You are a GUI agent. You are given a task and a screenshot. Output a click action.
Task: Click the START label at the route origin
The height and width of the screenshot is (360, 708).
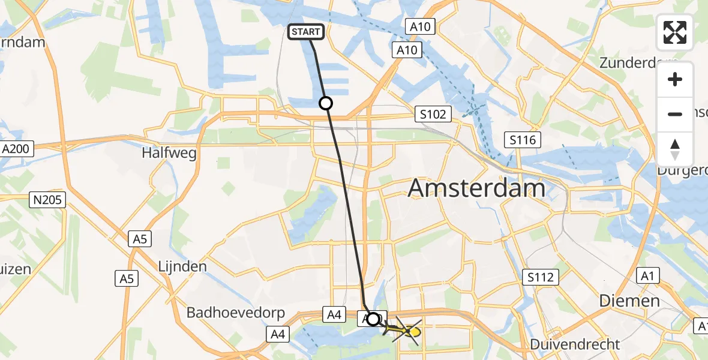pyautogui.click(x=307, y=32)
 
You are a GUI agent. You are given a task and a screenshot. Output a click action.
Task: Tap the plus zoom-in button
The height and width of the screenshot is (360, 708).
pyautogui.click(x=675, y=80)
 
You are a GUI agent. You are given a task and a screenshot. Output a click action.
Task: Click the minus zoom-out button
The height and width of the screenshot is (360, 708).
pyautogui.click(x=675, y=114)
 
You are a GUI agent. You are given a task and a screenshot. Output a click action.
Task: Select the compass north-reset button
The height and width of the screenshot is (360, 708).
pyautogui.click(x=675, y=149)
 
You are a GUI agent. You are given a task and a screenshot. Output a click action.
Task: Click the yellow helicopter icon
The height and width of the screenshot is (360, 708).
pyautogui.click(x=409, y=331)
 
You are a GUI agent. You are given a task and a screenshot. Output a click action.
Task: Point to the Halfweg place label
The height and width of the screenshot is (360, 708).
pyautogui.click(x=169, y=153)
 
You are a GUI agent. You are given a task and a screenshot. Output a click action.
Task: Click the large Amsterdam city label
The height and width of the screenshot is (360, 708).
pyautogui.click(x=476, y=189)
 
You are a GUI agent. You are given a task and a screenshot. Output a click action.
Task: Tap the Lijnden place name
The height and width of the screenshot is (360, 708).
pyautogui.click(x=183, y=266)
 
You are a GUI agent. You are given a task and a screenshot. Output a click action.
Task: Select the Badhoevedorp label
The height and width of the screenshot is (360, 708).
pyautogui.click(x=235, y=313)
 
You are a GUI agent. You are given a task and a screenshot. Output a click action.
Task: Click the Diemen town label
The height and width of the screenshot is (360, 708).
pyautogui.click(x=630, y=301)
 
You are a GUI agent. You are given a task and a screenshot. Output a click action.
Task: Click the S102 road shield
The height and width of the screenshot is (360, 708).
pyautogui.click(x=433, y=114)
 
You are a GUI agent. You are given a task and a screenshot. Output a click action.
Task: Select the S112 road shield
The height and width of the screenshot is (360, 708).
pyautogui.click(x=542, y=277)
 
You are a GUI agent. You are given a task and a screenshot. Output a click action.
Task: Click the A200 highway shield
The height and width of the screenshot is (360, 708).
pyautogui.click(x=17, y=148)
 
